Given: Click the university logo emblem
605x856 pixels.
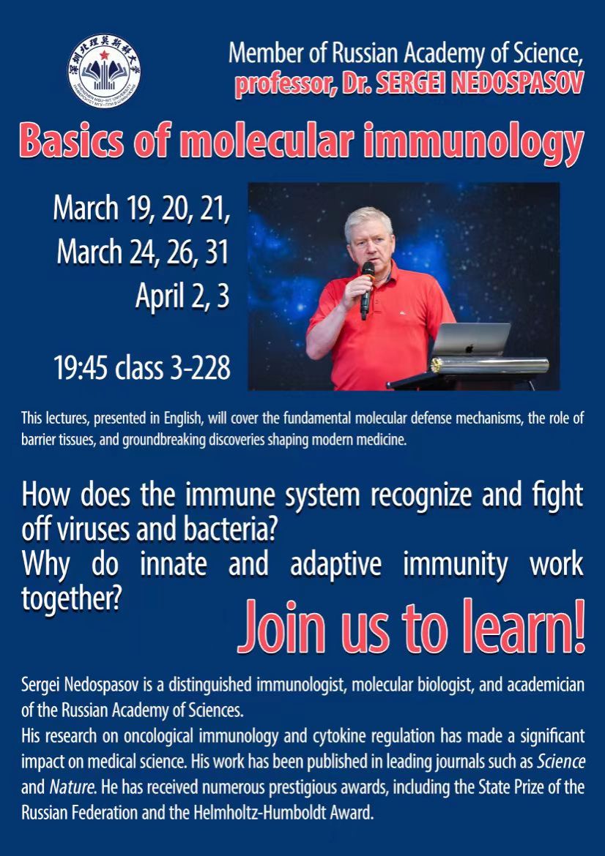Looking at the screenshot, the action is tap(104, 70).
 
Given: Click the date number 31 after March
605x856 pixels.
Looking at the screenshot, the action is tap(217, 252).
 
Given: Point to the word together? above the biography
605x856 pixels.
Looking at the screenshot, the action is tap(70, 599).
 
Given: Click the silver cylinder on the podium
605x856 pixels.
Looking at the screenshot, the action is tap(489, 365).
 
